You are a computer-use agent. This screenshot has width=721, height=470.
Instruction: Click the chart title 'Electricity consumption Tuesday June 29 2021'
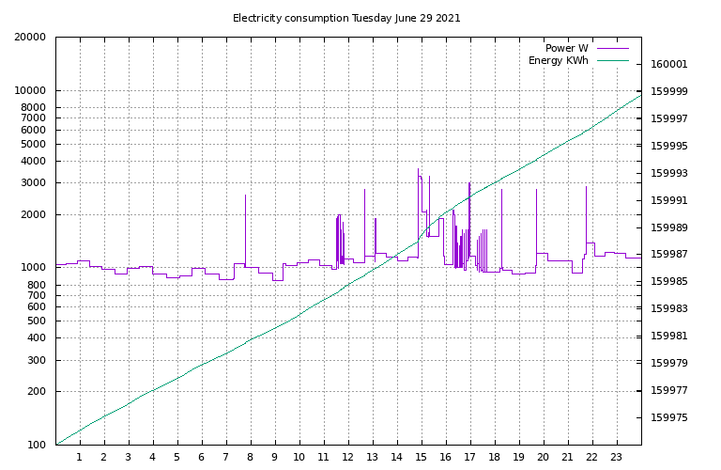tap(346, 18)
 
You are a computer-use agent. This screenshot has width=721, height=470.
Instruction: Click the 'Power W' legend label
tap(566, 48)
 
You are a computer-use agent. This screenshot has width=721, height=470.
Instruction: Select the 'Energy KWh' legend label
tap(558, 61)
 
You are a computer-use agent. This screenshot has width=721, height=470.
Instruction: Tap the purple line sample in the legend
tap(611, 48)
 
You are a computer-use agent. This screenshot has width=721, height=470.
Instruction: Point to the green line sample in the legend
tap(611, 61)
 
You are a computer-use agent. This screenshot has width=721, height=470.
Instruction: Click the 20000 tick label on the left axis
tap(30, 38)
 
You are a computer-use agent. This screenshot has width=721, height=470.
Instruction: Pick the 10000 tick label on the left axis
tap(30, 91)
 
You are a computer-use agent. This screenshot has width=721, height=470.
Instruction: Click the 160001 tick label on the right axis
tap(669, 65)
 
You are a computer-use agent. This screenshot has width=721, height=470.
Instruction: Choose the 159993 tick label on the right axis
tap(669, 174)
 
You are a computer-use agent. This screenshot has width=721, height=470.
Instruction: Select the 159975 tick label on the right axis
tap(669, 418)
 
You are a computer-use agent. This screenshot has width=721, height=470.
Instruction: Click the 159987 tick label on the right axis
tap(669, 255)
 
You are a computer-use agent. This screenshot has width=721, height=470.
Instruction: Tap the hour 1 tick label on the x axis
tap(80, 458)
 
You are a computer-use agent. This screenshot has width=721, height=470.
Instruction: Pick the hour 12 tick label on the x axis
tap(348, 458)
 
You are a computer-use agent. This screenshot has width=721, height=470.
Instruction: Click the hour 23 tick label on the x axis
tap(617, 458)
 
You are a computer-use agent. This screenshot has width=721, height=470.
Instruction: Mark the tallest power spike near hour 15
tap(419, 170)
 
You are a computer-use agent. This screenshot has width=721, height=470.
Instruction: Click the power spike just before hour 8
tap(246, 196)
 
